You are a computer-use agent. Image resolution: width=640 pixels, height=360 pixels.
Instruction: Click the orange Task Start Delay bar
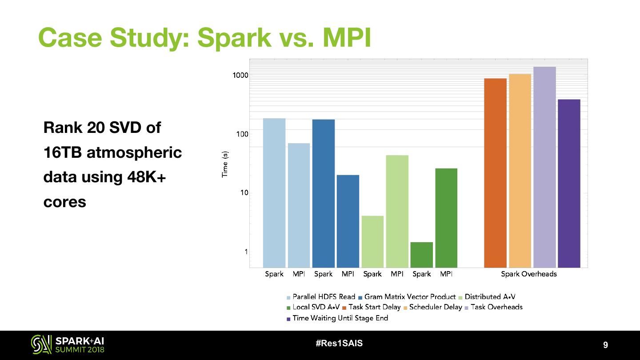click(495, 173)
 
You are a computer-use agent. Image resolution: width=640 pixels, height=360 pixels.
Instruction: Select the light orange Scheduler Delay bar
click(520, 171)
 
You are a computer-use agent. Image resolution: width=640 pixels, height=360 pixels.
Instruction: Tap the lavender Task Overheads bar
click(544, 167)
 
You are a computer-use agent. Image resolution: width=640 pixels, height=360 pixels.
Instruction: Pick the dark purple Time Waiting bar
click(569, 183)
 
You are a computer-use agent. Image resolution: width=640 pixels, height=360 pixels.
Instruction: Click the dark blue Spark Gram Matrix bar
click(324, 193)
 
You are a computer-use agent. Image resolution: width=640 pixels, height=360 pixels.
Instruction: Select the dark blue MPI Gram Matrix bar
click(348, 221)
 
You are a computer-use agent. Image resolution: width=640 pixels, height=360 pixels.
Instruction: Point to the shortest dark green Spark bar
click(422, 255)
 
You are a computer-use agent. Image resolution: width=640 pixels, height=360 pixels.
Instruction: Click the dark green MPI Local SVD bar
click(446, 218)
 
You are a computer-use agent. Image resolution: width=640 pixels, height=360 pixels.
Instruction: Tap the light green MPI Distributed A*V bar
click(397, 211)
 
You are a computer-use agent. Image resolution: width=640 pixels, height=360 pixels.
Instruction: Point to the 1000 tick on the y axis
click(240, 75)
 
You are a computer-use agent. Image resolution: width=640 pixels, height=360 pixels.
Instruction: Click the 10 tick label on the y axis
click(244, 193)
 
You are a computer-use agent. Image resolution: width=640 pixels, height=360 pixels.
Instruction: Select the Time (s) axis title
click(225, 164)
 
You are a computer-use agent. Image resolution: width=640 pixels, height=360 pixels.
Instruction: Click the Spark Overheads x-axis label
click(528, 274)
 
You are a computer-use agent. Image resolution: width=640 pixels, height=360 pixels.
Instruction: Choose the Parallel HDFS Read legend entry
click(321, 297)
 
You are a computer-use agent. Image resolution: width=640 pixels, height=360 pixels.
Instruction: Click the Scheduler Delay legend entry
click(435, 307)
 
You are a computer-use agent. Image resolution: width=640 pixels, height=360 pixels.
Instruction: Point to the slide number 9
click(605, 345)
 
